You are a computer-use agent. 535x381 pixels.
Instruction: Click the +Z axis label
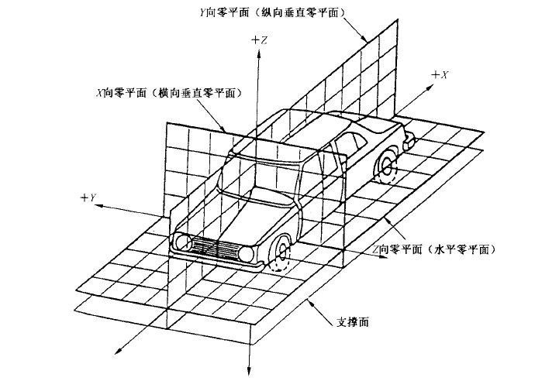point(259,40)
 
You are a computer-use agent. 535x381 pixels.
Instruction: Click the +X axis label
point(440,75)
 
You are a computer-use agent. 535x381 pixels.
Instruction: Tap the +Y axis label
point(88,197)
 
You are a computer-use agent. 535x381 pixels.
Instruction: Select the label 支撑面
point(353,321)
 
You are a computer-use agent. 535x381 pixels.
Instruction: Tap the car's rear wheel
point(387,168)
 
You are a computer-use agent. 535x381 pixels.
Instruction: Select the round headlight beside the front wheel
point(246,254)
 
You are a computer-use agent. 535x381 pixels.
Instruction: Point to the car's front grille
point(214,247)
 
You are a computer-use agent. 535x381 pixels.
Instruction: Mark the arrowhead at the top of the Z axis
point(259,53)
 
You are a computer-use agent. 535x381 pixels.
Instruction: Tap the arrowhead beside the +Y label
point(99,205)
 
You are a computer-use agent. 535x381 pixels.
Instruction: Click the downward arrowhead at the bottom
point(249,372)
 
